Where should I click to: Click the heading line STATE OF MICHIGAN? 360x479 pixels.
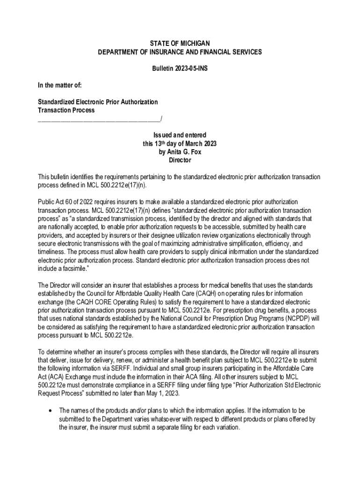coord(180,44)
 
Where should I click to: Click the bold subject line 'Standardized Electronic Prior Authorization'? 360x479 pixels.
coord(98,102)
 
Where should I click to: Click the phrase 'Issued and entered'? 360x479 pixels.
coord(180,135)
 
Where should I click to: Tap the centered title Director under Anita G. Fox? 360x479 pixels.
coord(180,160)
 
